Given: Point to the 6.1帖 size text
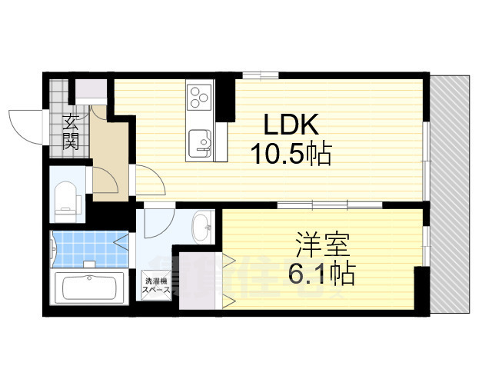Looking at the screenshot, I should click(322, 273).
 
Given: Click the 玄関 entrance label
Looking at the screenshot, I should click(71, 131).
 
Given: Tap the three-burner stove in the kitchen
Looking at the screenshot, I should click(199, 98).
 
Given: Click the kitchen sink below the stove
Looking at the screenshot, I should click(202, 142).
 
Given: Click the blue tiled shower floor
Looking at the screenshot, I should click(83, 247).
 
